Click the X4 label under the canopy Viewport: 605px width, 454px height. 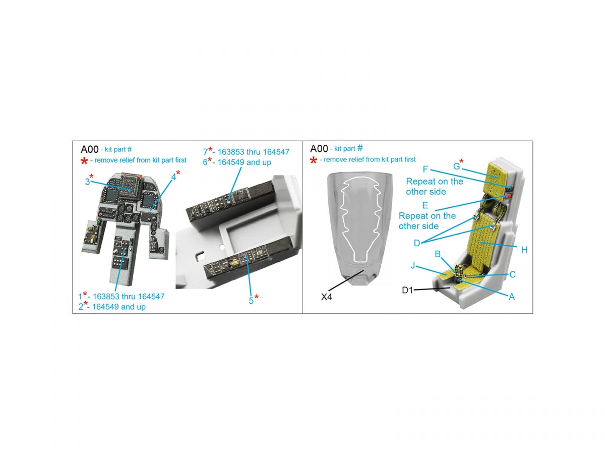pyautogui.click(x=326, y=297)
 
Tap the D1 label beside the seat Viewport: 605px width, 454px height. pyautogui.click(x=407, y=290)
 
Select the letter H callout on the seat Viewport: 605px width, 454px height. pyautogui.click(x=524, y=250)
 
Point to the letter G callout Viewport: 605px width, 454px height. pyautogui.click(x=456, y=166)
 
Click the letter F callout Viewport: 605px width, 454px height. pyautogui.click(x=426, y=169)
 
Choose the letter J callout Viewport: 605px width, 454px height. pyautogui.click(x=412, y=265)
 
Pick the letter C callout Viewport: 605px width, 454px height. pyautogui.click(x=512, y=274)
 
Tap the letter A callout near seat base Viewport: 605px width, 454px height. pyautogui.click(x=512, y=297)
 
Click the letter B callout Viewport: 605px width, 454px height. pyautogui.click(x=438, y=254)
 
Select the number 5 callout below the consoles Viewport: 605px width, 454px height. pyautogui.click(x=251, y=301)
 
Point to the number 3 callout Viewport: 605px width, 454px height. pyautogui.click(x=87, y=182)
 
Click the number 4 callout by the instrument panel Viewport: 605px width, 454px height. pyautogui.click(x=173, y=177)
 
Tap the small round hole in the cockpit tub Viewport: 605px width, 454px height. pyautogui.click(x=222, y=247)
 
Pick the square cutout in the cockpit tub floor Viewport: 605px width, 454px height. pyautogui.click(x=200, y=257)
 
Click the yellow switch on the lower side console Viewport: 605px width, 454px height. pyautogui.click(x=235, y=263)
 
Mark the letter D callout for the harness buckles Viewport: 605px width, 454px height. pyautogui.click(x=417, y=243)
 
